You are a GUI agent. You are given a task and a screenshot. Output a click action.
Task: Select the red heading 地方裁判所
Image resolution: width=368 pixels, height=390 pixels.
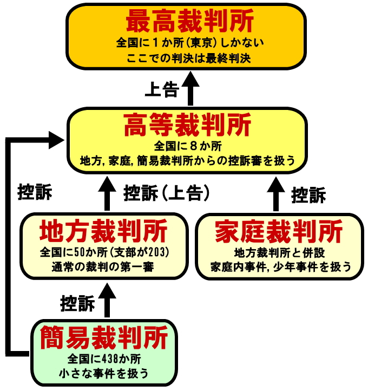pos(103,232)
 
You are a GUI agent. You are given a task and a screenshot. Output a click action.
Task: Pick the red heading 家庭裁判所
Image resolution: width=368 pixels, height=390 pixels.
pos(279,232)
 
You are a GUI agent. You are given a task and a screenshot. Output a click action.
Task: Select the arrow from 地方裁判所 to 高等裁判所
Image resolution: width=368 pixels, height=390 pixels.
pos(107,194)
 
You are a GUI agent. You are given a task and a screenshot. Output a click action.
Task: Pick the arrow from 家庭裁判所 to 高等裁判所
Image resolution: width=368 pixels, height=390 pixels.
pos(277,194)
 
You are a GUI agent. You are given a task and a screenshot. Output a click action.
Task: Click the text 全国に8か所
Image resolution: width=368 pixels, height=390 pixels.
pos(187,147)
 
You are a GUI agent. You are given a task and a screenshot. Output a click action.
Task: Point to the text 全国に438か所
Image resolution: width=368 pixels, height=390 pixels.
pos(104,359)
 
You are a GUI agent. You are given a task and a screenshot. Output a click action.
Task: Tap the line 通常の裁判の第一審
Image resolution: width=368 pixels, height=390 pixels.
pos(103,266)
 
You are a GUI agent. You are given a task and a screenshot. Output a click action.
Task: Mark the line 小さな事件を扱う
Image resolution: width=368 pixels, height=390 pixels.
pos(104,373)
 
